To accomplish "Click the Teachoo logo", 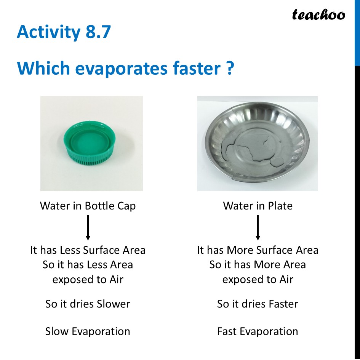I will point(318,15).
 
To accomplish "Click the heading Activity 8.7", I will point(64,32).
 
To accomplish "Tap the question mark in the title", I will point(229,69).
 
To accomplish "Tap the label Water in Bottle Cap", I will point(88,206).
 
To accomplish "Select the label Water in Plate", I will point(258,206).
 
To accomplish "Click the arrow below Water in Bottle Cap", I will point(88,227).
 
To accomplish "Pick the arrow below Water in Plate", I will point(258,227).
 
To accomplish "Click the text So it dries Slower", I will point(88,304).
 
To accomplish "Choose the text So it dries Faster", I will point(258,304).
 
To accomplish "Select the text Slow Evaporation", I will point(88,331).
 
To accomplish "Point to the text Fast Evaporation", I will point(258,331).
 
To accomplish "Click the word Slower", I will point(113,304).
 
